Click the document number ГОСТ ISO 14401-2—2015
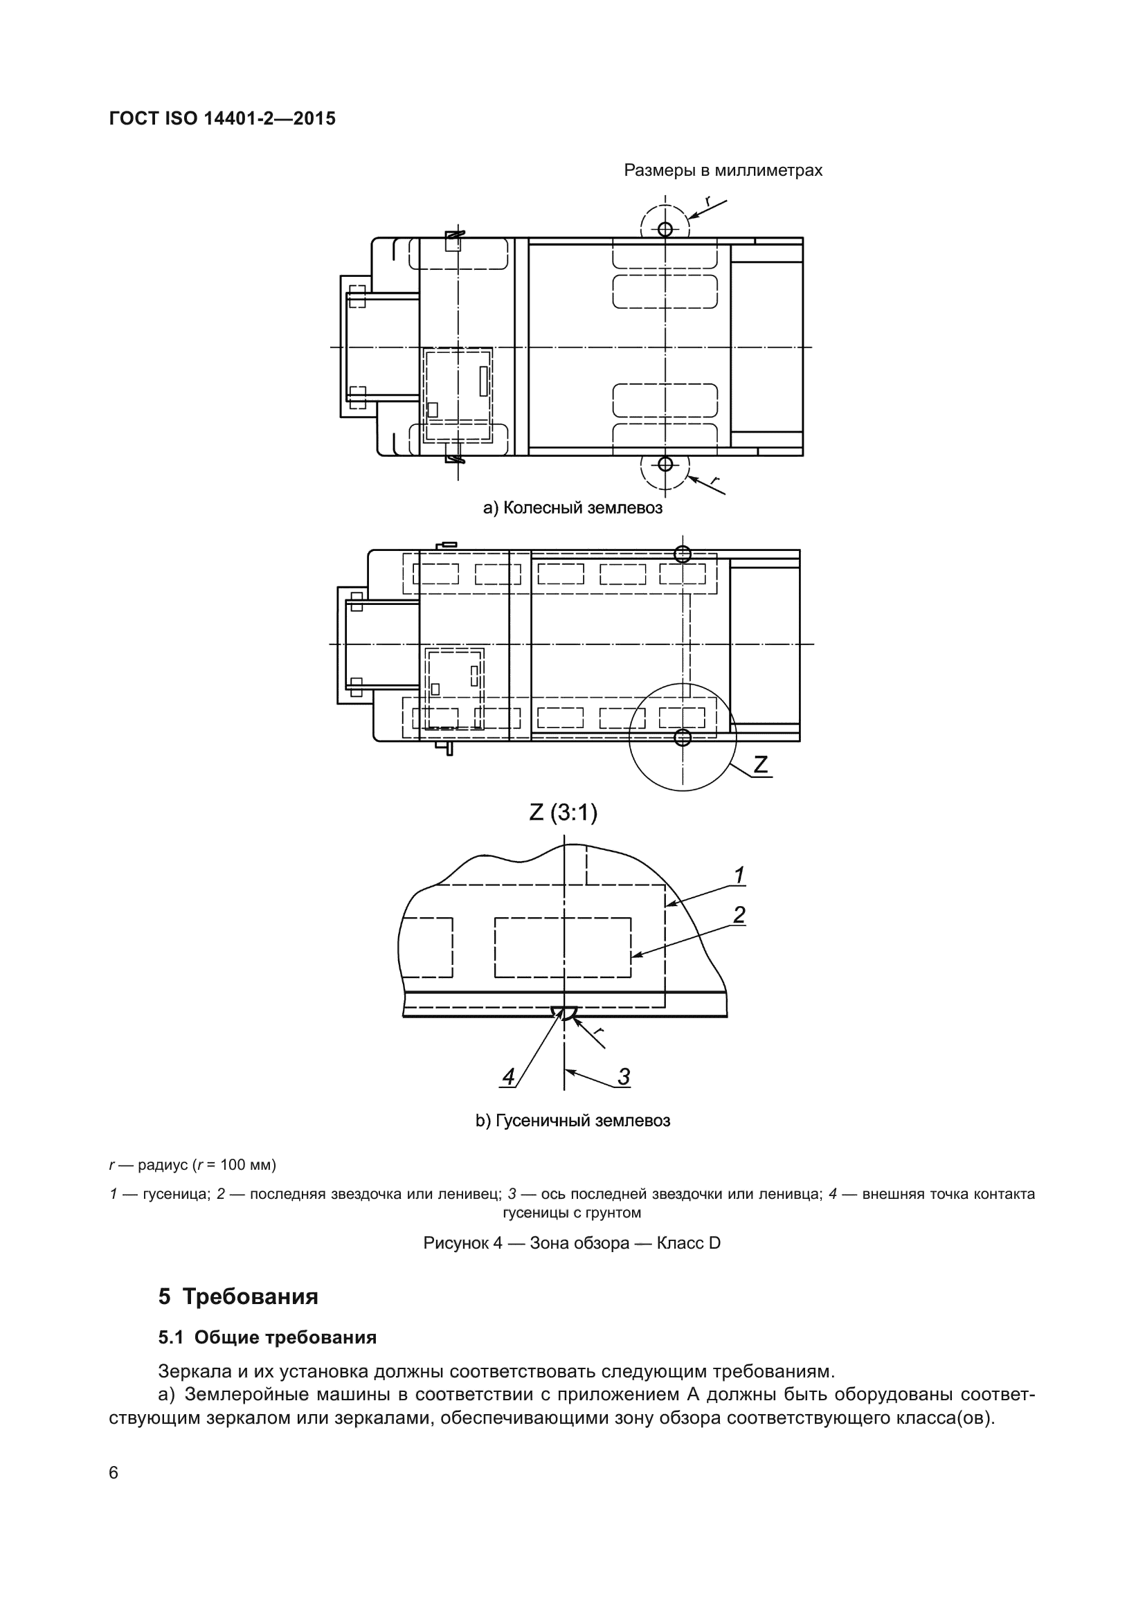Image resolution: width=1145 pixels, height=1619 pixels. (x=222, y=118)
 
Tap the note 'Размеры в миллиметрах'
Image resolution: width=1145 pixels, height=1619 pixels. (x=723, y=171)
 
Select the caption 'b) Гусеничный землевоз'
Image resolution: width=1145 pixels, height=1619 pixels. (x=572, y=1121)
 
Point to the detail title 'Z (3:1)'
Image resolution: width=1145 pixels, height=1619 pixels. (x=564, y=813)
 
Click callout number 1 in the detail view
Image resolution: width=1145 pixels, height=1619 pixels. (x=739, y=875)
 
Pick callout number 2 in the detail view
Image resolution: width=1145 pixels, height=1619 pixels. (x=739, y=914)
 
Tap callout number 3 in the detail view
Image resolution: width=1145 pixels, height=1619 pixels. (x=623, y=1077)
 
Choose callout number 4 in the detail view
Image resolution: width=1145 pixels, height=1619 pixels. (x=508, y=1077)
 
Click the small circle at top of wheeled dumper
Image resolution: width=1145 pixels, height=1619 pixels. (x=665, y=228)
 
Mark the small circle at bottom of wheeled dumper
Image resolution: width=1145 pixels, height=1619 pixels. (x=665, y=463)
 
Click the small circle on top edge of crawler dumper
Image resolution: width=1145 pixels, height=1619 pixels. (x=682, y=554)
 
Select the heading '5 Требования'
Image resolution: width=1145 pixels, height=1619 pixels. (x=238, y=1296)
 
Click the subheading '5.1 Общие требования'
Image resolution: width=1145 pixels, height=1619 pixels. (x=267, y=1337)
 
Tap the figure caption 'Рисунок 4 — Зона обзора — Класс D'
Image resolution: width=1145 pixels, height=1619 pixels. (x=572, y=1242)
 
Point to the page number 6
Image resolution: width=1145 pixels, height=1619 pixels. (x=114, y=1472)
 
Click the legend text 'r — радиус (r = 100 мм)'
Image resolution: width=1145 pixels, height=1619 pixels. (x=192, y=1164)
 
